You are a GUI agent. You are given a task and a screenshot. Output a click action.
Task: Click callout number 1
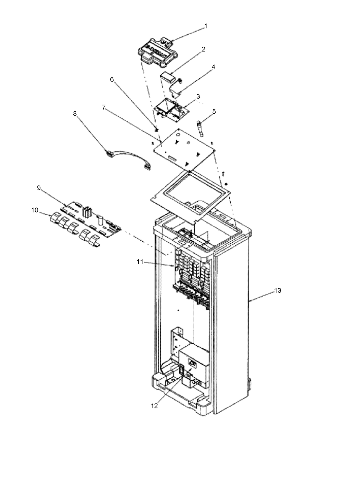point(206,26)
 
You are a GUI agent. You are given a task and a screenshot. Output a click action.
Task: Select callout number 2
point(204,49)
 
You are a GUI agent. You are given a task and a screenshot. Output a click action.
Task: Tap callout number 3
point(198,96)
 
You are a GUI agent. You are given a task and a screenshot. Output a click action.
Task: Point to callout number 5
point(214,112)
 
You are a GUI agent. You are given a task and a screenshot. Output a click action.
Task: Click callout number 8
point(75,113)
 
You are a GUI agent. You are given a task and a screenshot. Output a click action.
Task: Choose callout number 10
point(35,210)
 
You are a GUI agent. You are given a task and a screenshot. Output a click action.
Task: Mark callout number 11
point(140,262)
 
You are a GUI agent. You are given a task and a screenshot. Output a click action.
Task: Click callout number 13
point(277,291)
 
